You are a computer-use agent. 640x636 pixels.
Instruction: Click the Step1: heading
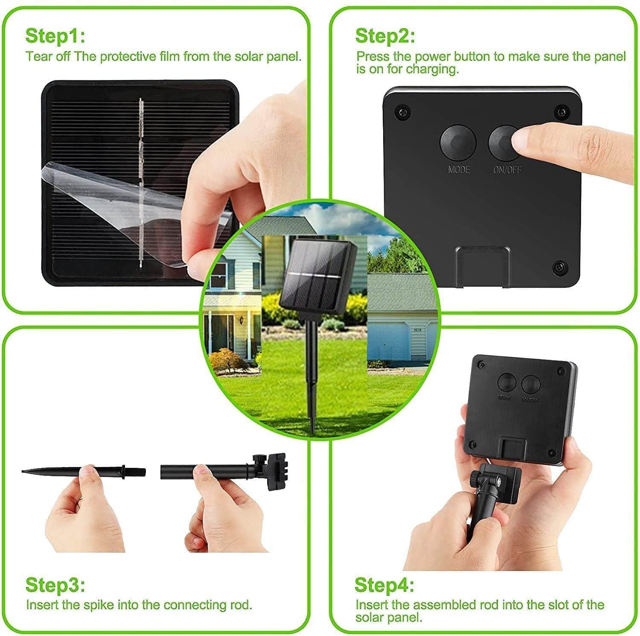coord(55,36)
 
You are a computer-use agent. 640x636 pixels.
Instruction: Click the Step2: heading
coord(385,36)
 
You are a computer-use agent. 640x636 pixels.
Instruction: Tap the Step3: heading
coord(55,585)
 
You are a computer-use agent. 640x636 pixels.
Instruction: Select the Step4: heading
coord(384,585)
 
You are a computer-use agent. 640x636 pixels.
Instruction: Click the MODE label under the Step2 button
coord(459,170)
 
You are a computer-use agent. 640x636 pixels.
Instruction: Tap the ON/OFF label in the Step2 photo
coord(507,170)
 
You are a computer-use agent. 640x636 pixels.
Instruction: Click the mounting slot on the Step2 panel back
coord(483,267)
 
